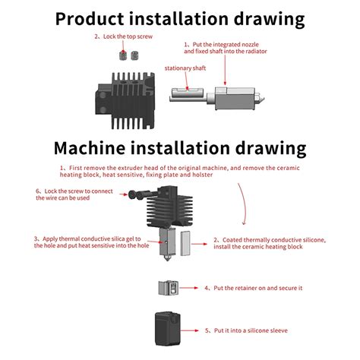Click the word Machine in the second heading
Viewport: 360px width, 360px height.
point(99,147)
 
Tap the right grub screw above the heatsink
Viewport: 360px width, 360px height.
point(138,55)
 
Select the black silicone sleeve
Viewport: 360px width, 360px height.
point(170,327)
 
